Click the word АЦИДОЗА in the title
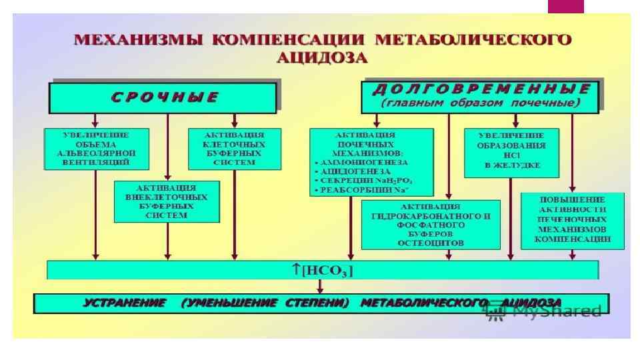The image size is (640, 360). (322, 57)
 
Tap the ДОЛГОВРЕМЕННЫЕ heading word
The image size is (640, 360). (481, 89)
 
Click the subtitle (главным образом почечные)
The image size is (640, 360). (481, 103)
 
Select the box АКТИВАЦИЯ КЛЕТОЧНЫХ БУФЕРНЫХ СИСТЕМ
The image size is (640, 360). (233, 147)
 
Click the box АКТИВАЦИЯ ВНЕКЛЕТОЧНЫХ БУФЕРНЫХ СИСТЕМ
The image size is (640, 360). (167, 201)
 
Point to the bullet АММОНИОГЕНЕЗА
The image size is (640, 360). (362, 162)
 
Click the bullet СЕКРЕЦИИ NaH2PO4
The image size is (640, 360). (367, 181)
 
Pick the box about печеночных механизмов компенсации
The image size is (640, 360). (573, 221)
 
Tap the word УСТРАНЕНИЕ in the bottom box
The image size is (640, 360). (125, 303)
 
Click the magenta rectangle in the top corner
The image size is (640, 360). (565, 6)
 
